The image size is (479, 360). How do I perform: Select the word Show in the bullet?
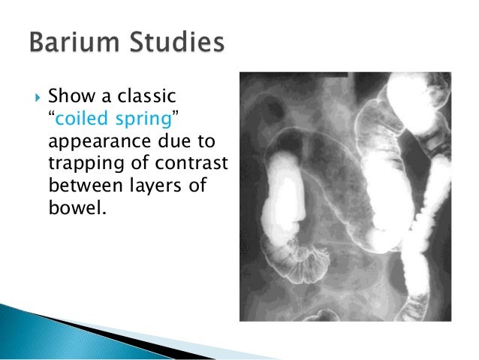click(x=67, y=96)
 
